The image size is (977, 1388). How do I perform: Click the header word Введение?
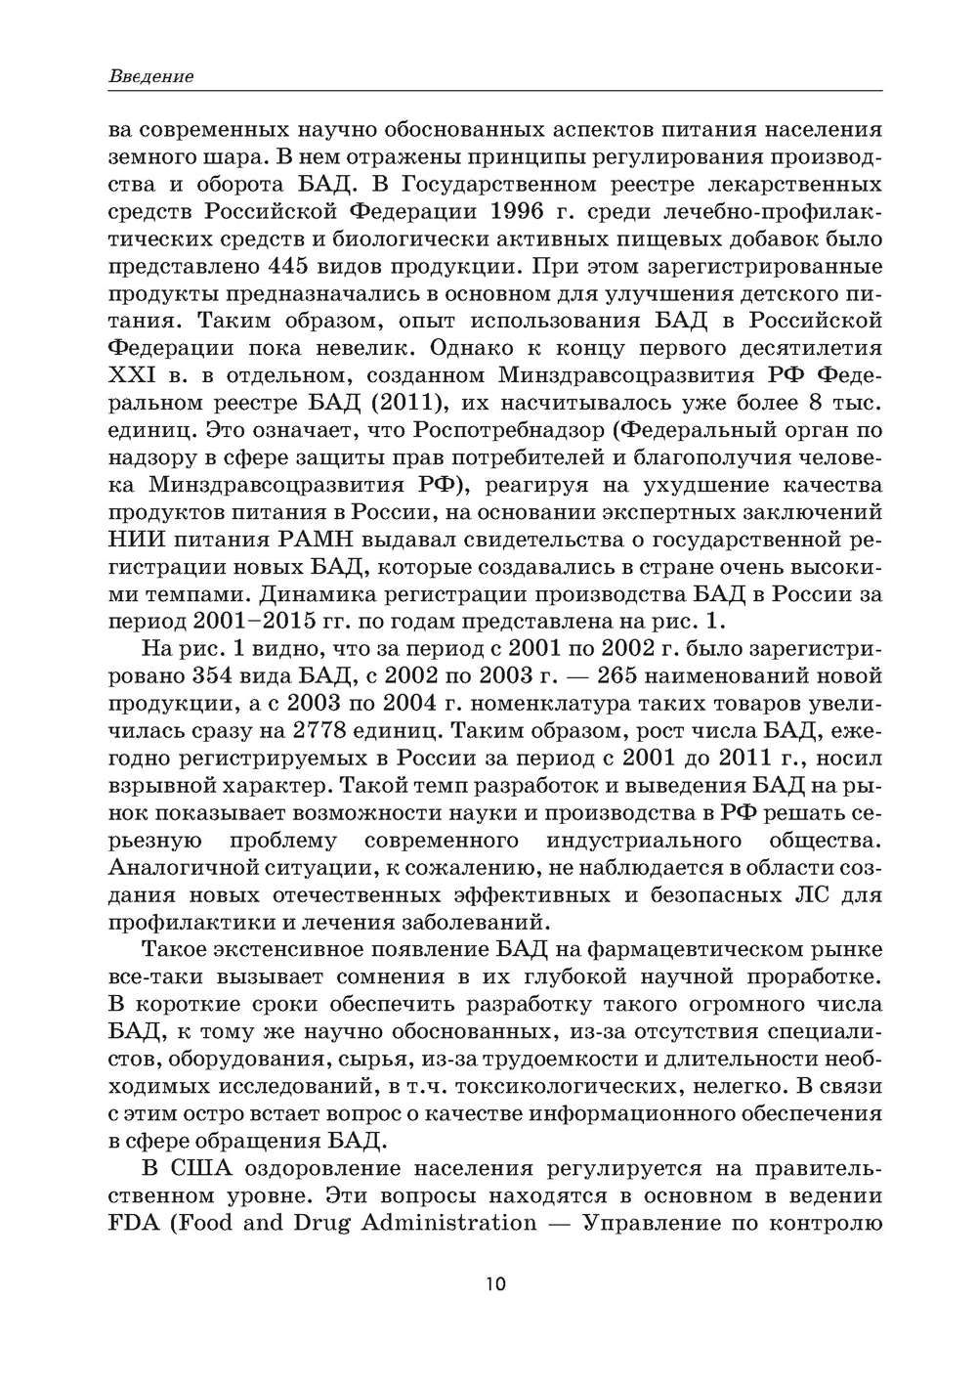coord(150,76)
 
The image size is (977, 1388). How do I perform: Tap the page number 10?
coord(494,1283)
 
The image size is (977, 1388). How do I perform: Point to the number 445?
coord(293,266)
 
